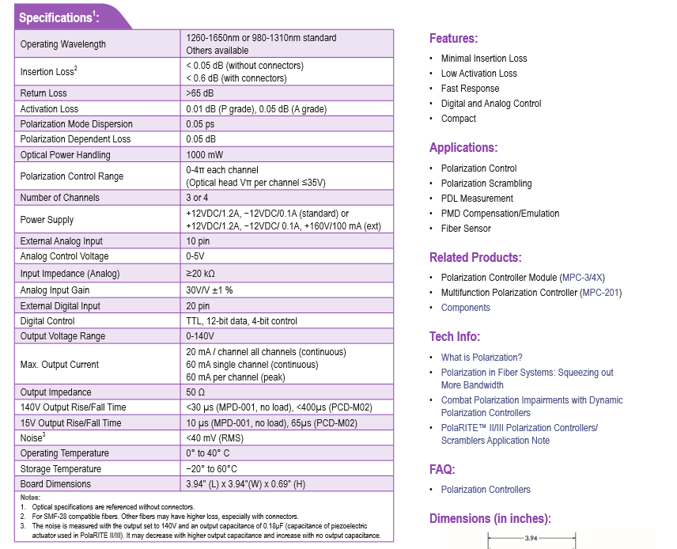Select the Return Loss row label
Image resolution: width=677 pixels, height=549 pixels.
tap(43, 93)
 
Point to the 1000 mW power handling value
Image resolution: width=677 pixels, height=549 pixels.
tap(205, 155)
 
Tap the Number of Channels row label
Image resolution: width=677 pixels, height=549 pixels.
tap(60, 198)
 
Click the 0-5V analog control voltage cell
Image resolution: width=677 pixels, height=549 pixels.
tap(196, 256)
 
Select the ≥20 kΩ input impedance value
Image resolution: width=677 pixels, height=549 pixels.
tap(202, 274)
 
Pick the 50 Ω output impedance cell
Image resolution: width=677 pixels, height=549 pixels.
tap(196, 392)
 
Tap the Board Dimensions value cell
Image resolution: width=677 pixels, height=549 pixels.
tap(245, 484)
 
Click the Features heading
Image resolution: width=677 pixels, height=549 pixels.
tap(453, 39)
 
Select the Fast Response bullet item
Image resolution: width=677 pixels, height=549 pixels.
tap(470, 89)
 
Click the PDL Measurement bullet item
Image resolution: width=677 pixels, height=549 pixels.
tap(477, 199)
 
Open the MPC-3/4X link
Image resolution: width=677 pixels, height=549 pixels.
tap(582, 278)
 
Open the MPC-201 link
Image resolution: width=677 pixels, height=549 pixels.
tap(601, 293)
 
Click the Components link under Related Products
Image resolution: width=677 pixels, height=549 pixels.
tap(465, 308)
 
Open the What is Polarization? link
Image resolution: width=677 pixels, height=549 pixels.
tap(482, 358)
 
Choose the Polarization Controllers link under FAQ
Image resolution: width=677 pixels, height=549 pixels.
tap(486, 490)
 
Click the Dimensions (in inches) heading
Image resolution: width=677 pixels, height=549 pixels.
tap(490, 519)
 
